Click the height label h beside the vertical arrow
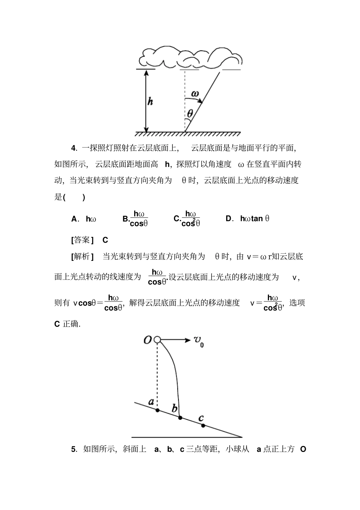click(x=150, y=101)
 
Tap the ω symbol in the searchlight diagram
click(x=195, y=93)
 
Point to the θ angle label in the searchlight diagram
click(x=190, y=113)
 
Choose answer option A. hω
click(x=84, y=219)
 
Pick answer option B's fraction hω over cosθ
click(x=138, y=219)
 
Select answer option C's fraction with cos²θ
click(x=190, y=219)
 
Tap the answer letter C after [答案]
click(x=105, y=240)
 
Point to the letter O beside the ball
click(x=148, y=340)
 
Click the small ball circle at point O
click(x=157, y=340)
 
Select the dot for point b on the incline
click(x=180, y=418)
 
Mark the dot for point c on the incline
click(x=203, y=425)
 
